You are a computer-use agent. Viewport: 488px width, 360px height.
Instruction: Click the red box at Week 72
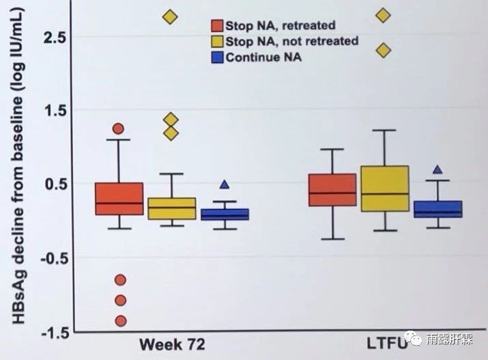(119, 198)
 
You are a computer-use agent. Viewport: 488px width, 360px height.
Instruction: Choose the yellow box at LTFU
(384, 188)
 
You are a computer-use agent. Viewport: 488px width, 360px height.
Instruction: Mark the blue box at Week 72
(225, 214)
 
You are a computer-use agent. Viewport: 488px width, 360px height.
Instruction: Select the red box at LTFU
(332, 189)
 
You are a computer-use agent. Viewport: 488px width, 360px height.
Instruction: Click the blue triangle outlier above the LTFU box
(437, 170)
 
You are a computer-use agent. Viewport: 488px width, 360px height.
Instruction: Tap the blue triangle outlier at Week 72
(224, 184)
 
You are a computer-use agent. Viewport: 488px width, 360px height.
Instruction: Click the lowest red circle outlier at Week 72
(121, 320)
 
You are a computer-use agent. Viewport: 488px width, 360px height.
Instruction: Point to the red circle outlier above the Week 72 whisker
(118, 128)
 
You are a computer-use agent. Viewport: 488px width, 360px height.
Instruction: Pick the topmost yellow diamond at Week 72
(170, 17)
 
